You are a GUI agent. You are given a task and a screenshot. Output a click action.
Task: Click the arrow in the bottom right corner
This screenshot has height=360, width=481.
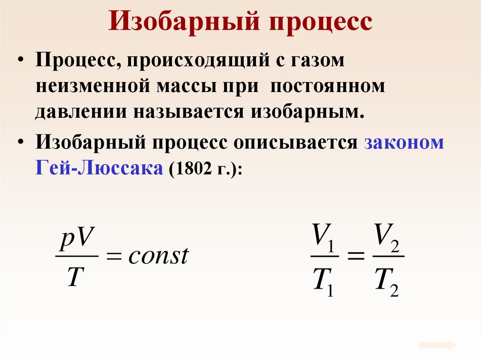pyautogui.click(x=438, y=345)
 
